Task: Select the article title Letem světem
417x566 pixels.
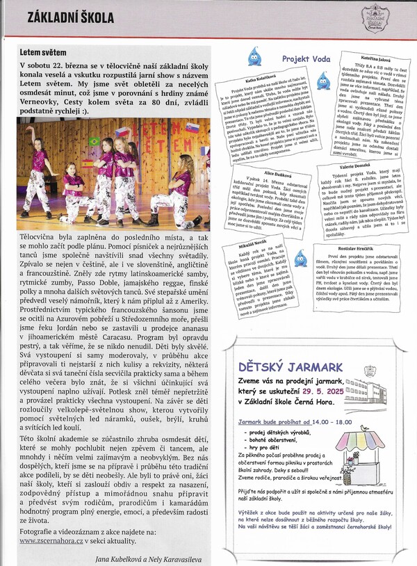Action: tap(43, 52)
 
